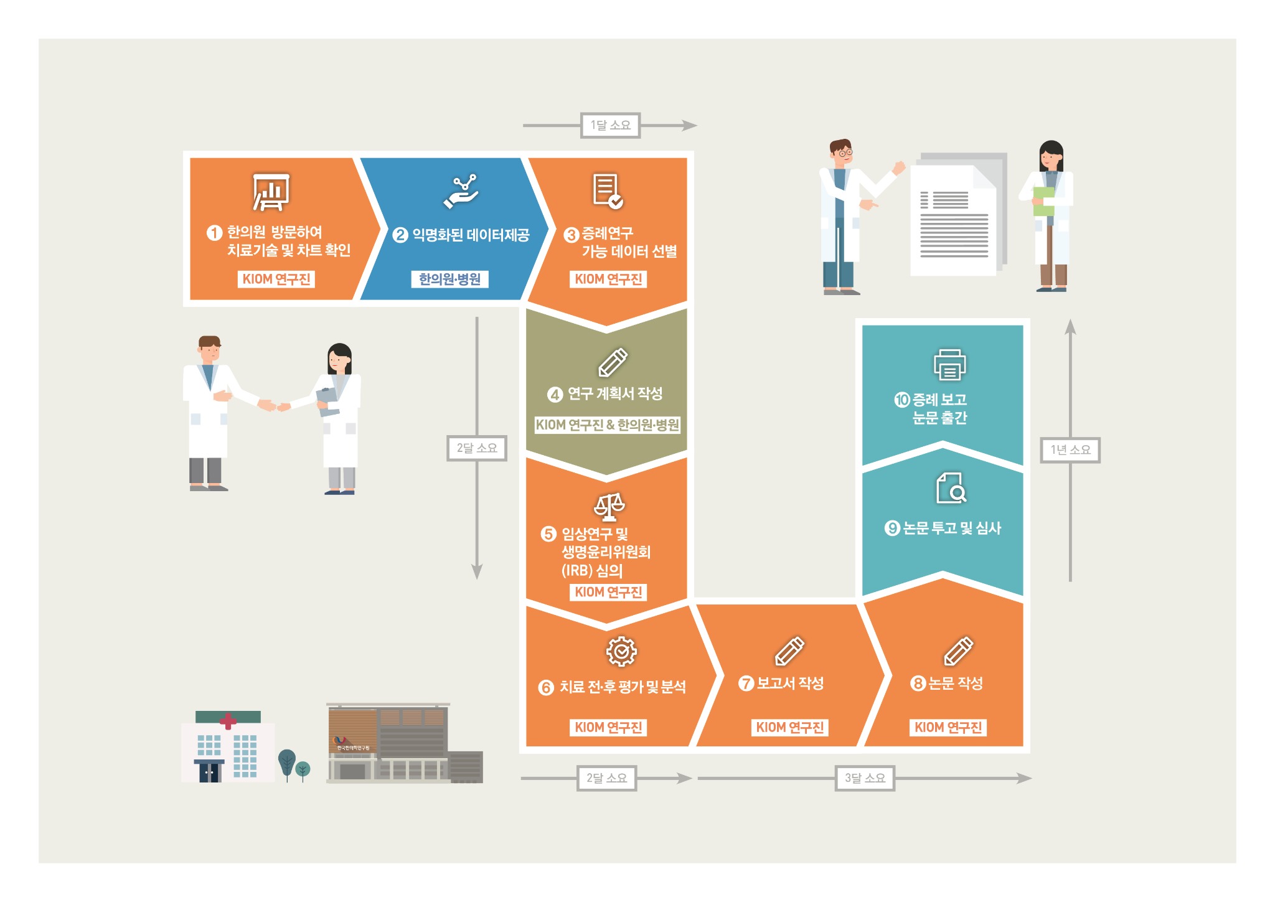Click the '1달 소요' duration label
pyautogui.click(x=610, y=125)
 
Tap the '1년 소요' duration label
pyautogui.click(x=1070, y=449)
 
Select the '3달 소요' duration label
pyautogui.click(x=865, y=778)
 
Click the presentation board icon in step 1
pyautogui.click(x=271, y=192)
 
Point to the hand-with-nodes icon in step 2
pyautogui.click(x=461, y=191)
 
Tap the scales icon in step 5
pyautogui.click(x=609, y=507)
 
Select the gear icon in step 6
pyautogui.click(x=621, y=651)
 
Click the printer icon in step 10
pyautogui.click(x=949, y=364)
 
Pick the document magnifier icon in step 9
pyautogui.click(x=951, y=487)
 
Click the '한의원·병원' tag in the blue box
pyautogui.click(x=449, y=279)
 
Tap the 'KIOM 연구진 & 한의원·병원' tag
pyautogui.click(x=607, y=425)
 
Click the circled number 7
pyautogui.click(x=746, y=683)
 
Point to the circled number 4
pyautogui.click(x=555, y=394)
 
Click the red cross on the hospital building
pyautogui.click(x=228, y=721)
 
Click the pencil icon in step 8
pyautogui.click(x=958, y=651)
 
